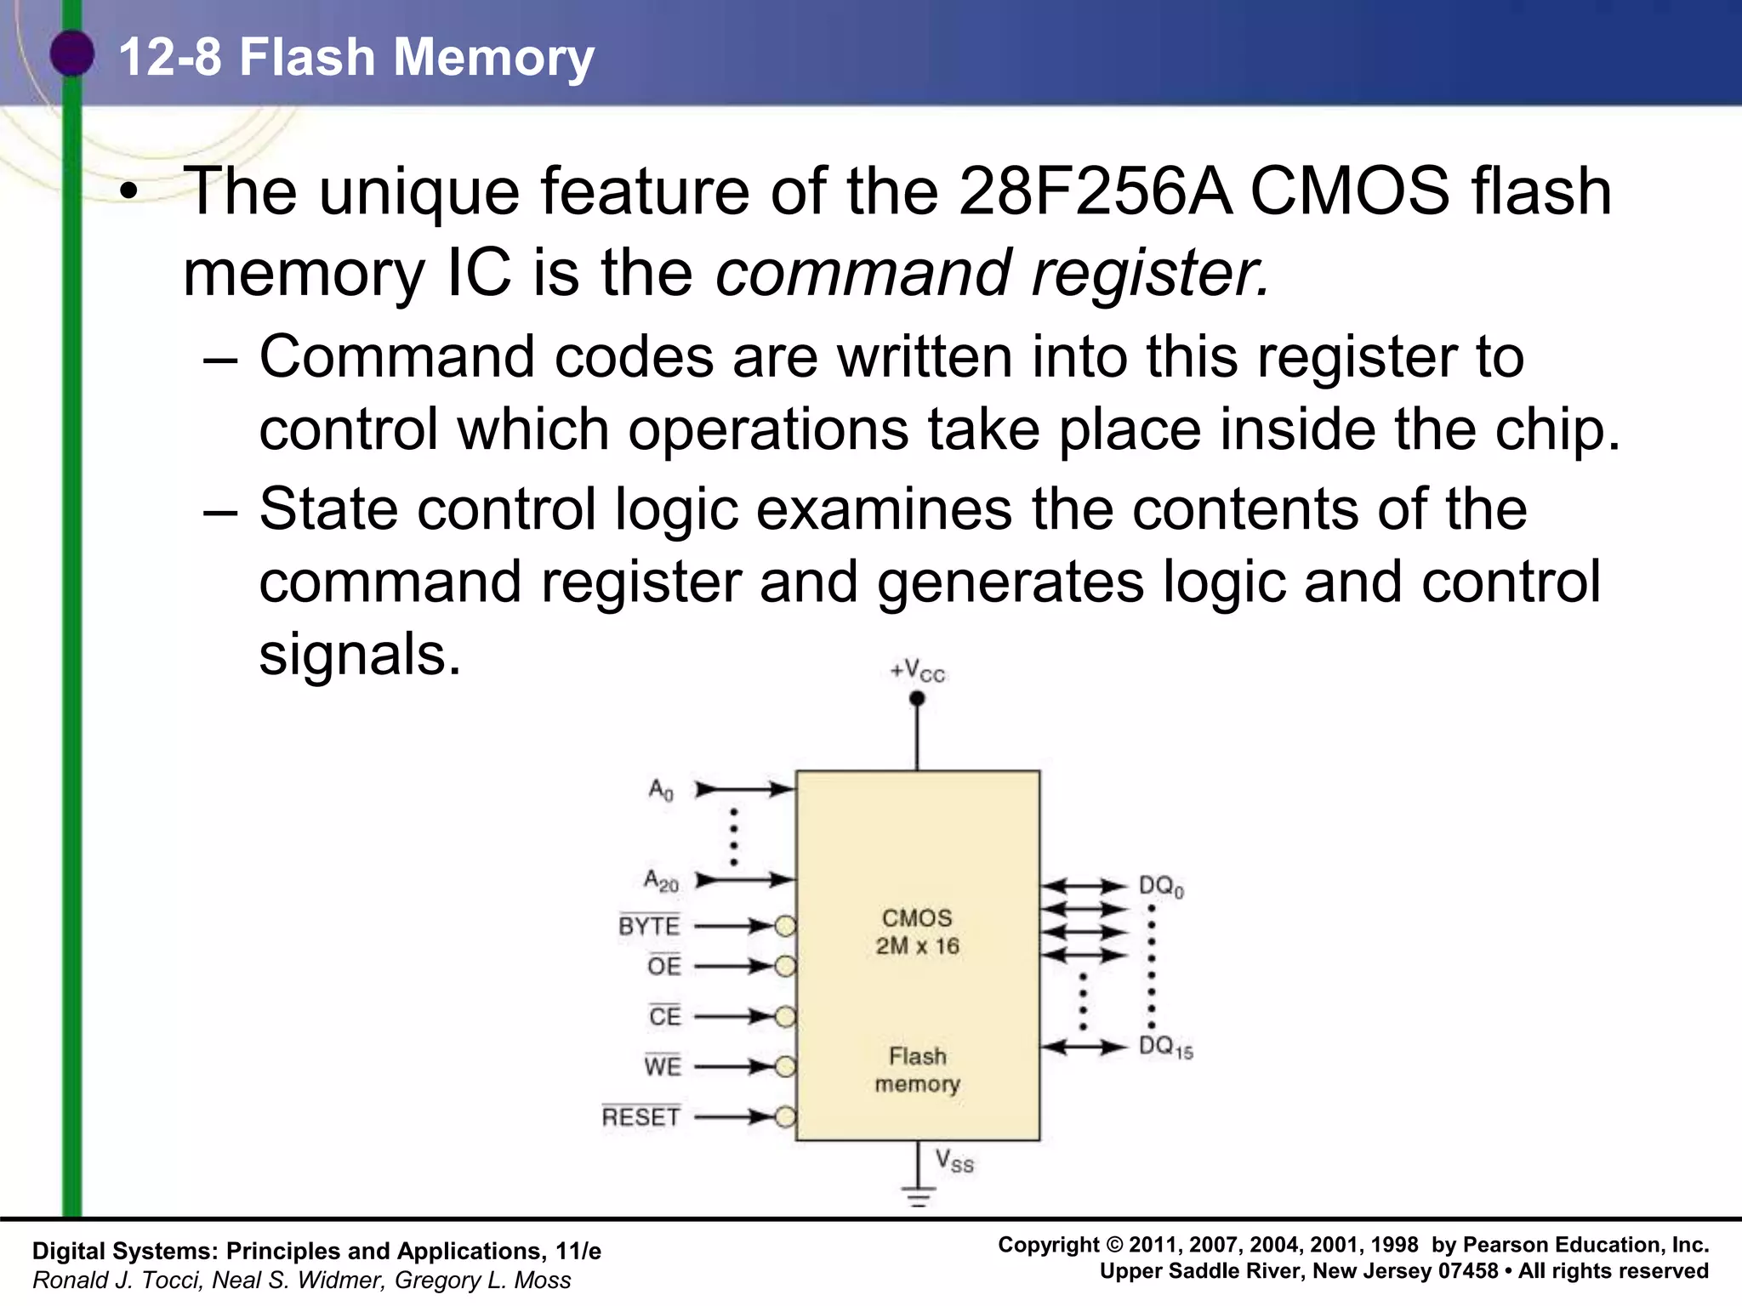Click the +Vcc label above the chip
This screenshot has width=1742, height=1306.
(917, 672)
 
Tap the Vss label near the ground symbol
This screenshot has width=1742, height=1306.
(954, 1161)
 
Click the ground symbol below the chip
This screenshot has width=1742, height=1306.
(918, 1197)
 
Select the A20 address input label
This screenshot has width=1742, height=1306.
(661, 880)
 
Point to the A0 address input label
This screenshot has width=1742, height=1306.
(661, 790)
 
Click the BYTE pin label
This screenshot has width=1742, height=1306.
(649, 926)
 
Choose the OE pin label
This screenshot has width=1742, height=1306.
(664, 967)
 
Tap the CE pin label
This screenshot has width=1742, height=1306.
(664, 1017)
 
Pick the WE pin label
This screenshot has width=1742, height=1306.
(663, 1066)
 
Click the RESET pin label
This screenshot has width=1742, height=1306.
(640, 1117)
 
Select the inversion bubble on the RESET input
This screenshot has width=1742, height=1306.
(785, 1117)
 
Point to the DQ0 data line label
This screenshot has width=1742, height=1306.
(1161, 887)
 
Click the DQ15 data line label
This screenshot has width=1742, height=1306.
(1165, 1048)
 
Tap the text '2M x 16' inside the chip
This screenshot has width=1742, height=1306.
(917, 946)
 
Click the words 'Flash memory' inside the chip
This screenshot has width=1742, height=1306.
(917, 1070)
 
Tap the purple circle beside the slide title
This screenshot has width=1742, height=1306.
(71, 54)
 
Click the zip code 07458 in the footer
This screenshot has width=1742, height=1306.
(1467, 1272)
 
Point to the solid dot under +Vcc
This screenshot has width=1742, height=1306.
(917, 699)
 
